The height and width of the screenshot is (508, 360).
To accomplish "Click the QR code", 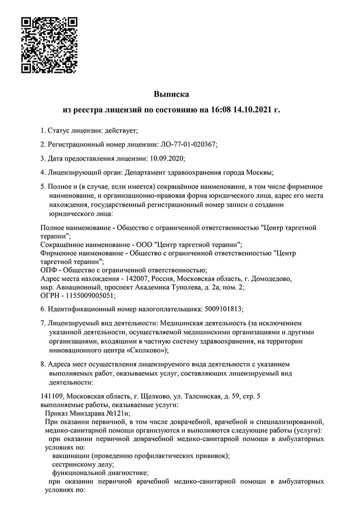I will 49,45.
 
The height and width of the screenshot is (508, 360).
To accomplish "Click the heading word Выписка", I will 171,94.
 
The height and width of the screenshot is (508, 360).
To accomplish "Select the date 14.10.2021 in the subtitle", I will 252,110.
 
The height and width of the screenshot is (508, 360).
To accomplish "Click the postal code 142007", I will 137,279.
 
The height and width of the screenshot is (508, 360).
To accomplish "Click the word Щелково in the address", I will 153,396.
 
